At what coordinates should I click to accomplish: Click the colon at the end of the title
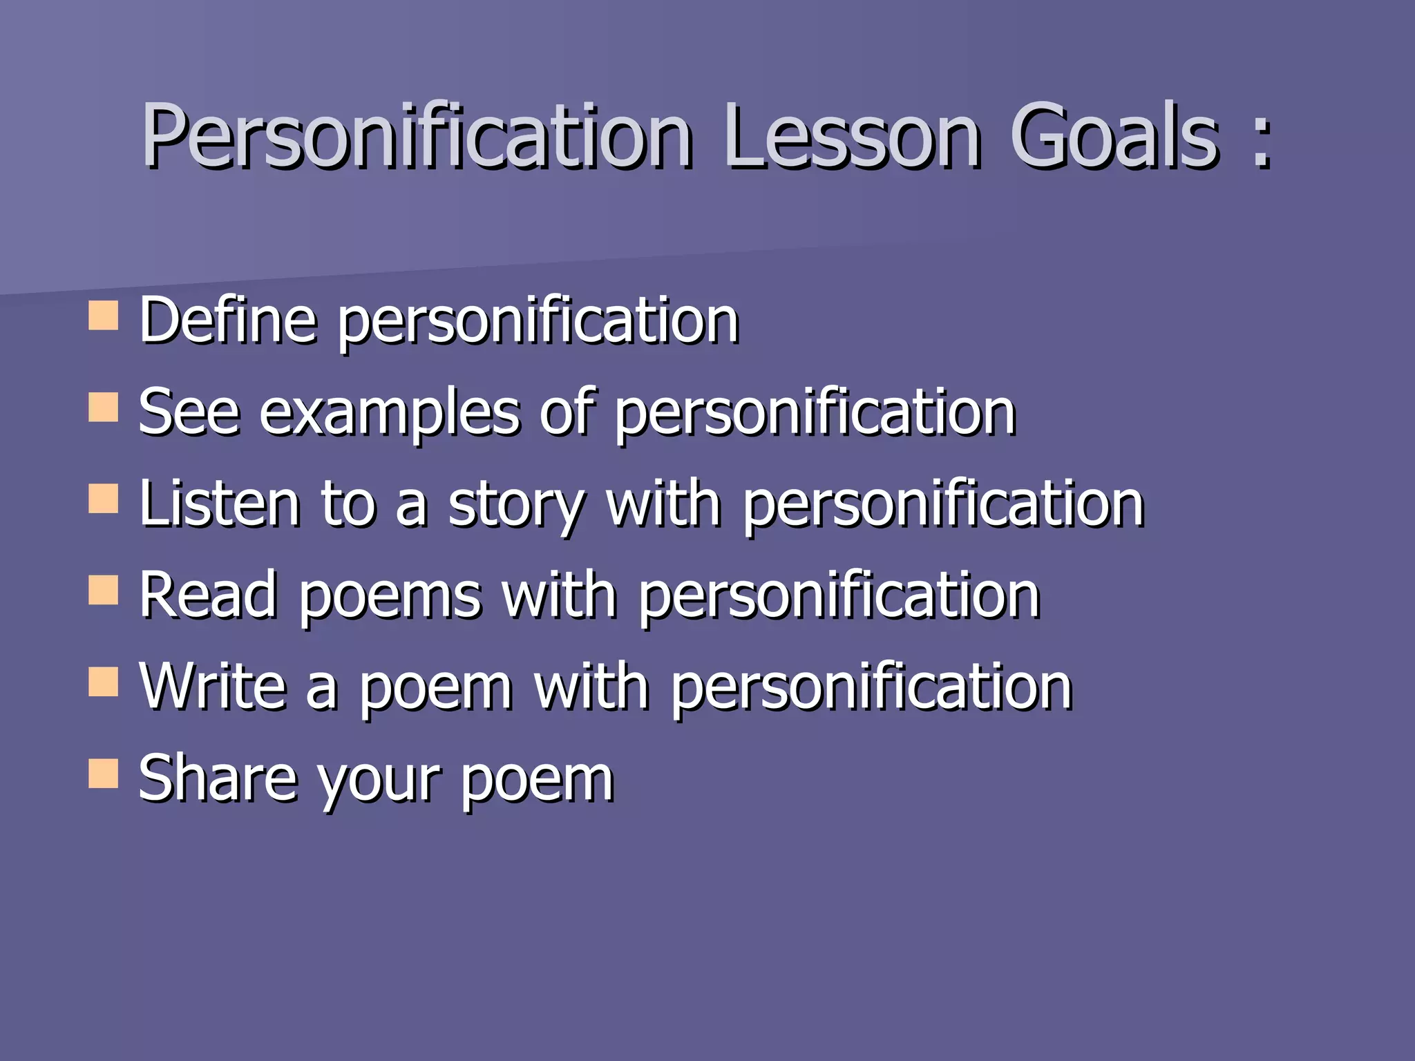click(1261, 142)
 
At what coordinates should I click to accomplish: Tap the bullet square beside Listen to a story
click(104, 499)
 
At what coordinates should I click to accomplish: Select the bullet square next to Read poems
click(104, 591)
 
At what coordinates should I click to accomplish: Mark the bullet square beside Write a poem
click(104, 682)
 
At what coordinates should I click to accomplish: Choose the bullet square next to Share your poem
click(104, 774)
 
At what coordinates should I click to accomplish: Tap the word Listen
click(220, 504)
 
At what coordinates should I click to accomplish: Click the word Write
click(213, 687)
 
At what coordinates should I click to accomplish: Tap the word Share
click(217, 778)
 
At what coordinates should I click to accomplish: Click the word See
click(189, 412)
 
